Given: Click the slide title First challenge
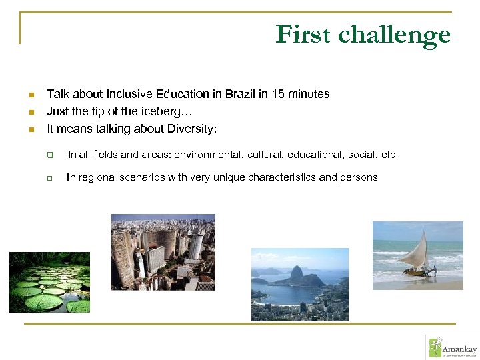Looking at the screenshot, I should pyautogui.click(x=363, y=35).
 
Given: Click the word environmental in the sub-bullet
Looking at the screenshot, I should pyautogui.click(x=208, y=155).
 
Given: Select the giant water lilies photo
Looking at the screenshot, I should pyautogui.click(x=49, y=282).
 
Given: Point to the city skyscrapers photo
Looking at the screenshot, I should pyautogui.click(x=163, y=252).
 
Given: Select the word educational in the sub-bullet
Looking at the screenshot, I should pyautogui.click(x=313, y=155).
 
